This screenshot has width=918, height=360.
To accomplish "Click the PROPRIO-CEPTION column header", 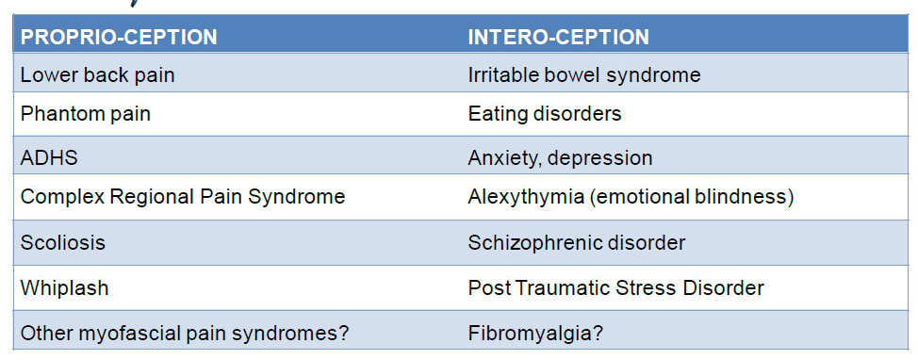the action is point(119,38).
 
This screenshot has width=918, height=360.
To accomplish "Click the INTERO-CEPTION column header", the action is point(559,38).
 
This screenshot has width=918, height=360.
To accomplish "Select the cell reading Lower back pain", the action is point(97,75).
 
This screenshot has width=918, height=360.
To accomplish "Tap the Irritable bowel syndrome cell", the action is point(584,75).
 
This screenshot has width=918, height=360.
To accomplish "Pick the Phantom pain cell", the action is point(86,114).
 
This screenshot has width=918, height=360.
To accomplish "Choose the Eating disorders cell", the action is point(545,114).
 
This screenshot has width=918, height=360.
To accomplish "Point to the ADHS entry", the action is point(49,158).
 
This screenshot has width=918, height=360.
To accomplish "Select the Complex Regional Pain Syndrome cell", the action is point(183,197).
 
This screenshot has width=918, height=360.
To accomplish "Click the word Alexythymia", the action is point(526,197).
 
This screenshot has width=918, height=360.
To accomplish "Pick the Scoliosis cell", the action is point(62,242).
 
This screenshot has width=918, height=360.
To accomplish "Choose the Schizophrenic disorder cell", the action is point(577,242).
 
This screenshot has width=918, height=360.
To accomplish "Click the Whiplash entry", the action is point(64,288).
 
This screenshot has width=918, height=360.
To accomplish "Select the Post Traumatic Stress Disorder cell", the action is point(615,288).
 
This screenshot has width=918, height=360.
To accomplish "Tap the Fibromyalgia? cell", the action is point(535,334).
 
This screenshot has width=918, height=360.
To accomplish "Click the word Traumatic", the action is point(556,288).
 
